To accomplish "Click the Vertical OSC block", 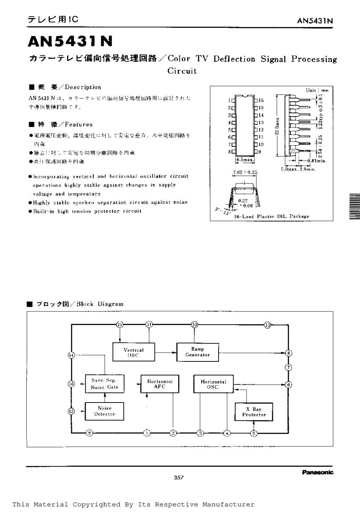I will (x=134, y=353).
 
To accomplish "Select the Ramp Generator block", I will (x=198, y=352).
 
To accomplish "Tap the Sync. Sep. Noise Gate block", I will (x=105, y=384).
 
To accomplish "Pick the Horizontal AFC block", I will (x=159, y=384).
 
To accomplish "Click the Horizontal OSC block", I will (x=213, y=384).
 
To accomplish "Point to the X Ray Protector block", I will (x=254, y=412).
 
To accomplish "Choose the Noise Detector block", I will (x=105, y=411).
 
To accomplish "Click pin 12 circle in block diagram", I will (x=120, y=324).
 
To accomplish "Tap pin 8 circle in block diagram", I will (x=288, y=353).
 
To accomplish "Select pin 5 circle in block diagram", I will (x=254, y=433).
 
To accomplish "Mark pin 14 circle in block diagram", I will (x=71, y=355).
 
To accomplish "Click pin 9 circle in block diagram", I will (x=89, y=433).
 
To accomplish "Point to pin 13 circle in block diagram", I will (x=267, y=325).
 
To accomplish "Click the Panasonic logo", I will (x=317, y=472).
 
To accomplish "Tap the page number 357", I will (x=178, y=478).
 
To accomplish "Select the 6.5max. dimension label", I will (x=245, y=160).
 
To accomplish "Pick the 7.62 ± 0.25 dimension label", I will (x=245, y=172).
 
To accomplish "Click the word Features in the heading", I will (x=79, y=125).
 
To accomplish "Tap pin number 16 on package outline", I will (x=261, y=100).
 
